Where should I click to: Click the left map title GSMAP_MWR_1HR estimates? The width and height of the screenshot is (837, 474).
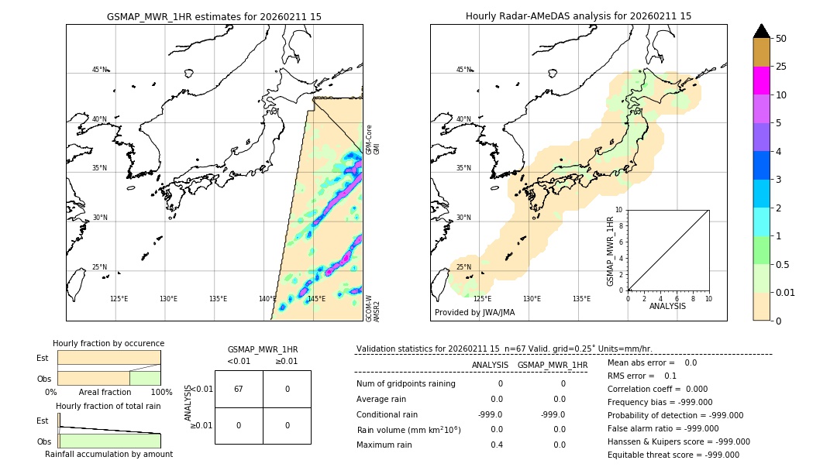(x=214, y=16)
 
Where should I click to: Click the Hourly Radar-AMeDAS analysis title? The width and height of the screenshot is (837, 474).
(x=578, y=16)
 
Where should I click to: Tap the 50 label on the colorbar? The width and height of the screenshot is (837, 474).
(x=781, y=39)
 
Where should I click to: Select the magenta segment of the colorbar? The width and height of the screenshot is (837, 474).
(x=762, y=81)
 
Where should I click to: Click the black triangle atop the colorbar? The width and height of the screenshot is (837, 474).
(x=762, y=31)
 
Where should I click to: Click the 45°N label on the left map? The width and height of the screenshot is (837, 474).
(x=99, y=70)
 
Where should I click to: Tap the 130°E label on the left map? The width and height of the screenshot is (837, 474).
(x=168, y=299)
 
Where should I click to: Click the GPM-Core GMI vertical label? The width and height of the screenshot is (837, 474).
(x=373, y=139)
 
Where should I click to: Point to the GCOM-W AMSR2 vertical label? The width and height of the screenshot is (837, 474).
(x=373, y=307)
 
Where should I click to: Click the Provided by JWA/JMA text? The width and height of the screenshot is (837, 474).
(x=474, y=312)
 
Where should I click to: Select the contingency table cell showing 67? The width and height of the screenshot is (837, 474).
(x=239, y=389)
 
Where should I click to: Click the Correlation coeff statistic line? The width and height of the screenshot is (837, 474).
(x=655, y=389)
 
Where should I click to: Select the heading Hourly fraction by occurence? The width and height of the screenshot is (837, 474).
(x=108, y=343)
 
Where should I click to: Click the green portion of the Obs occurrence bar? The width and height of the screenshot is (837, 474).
(x=145, y=378)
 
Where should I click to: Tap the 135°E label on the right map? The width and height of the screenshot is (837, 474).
(x=581, y=299)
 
